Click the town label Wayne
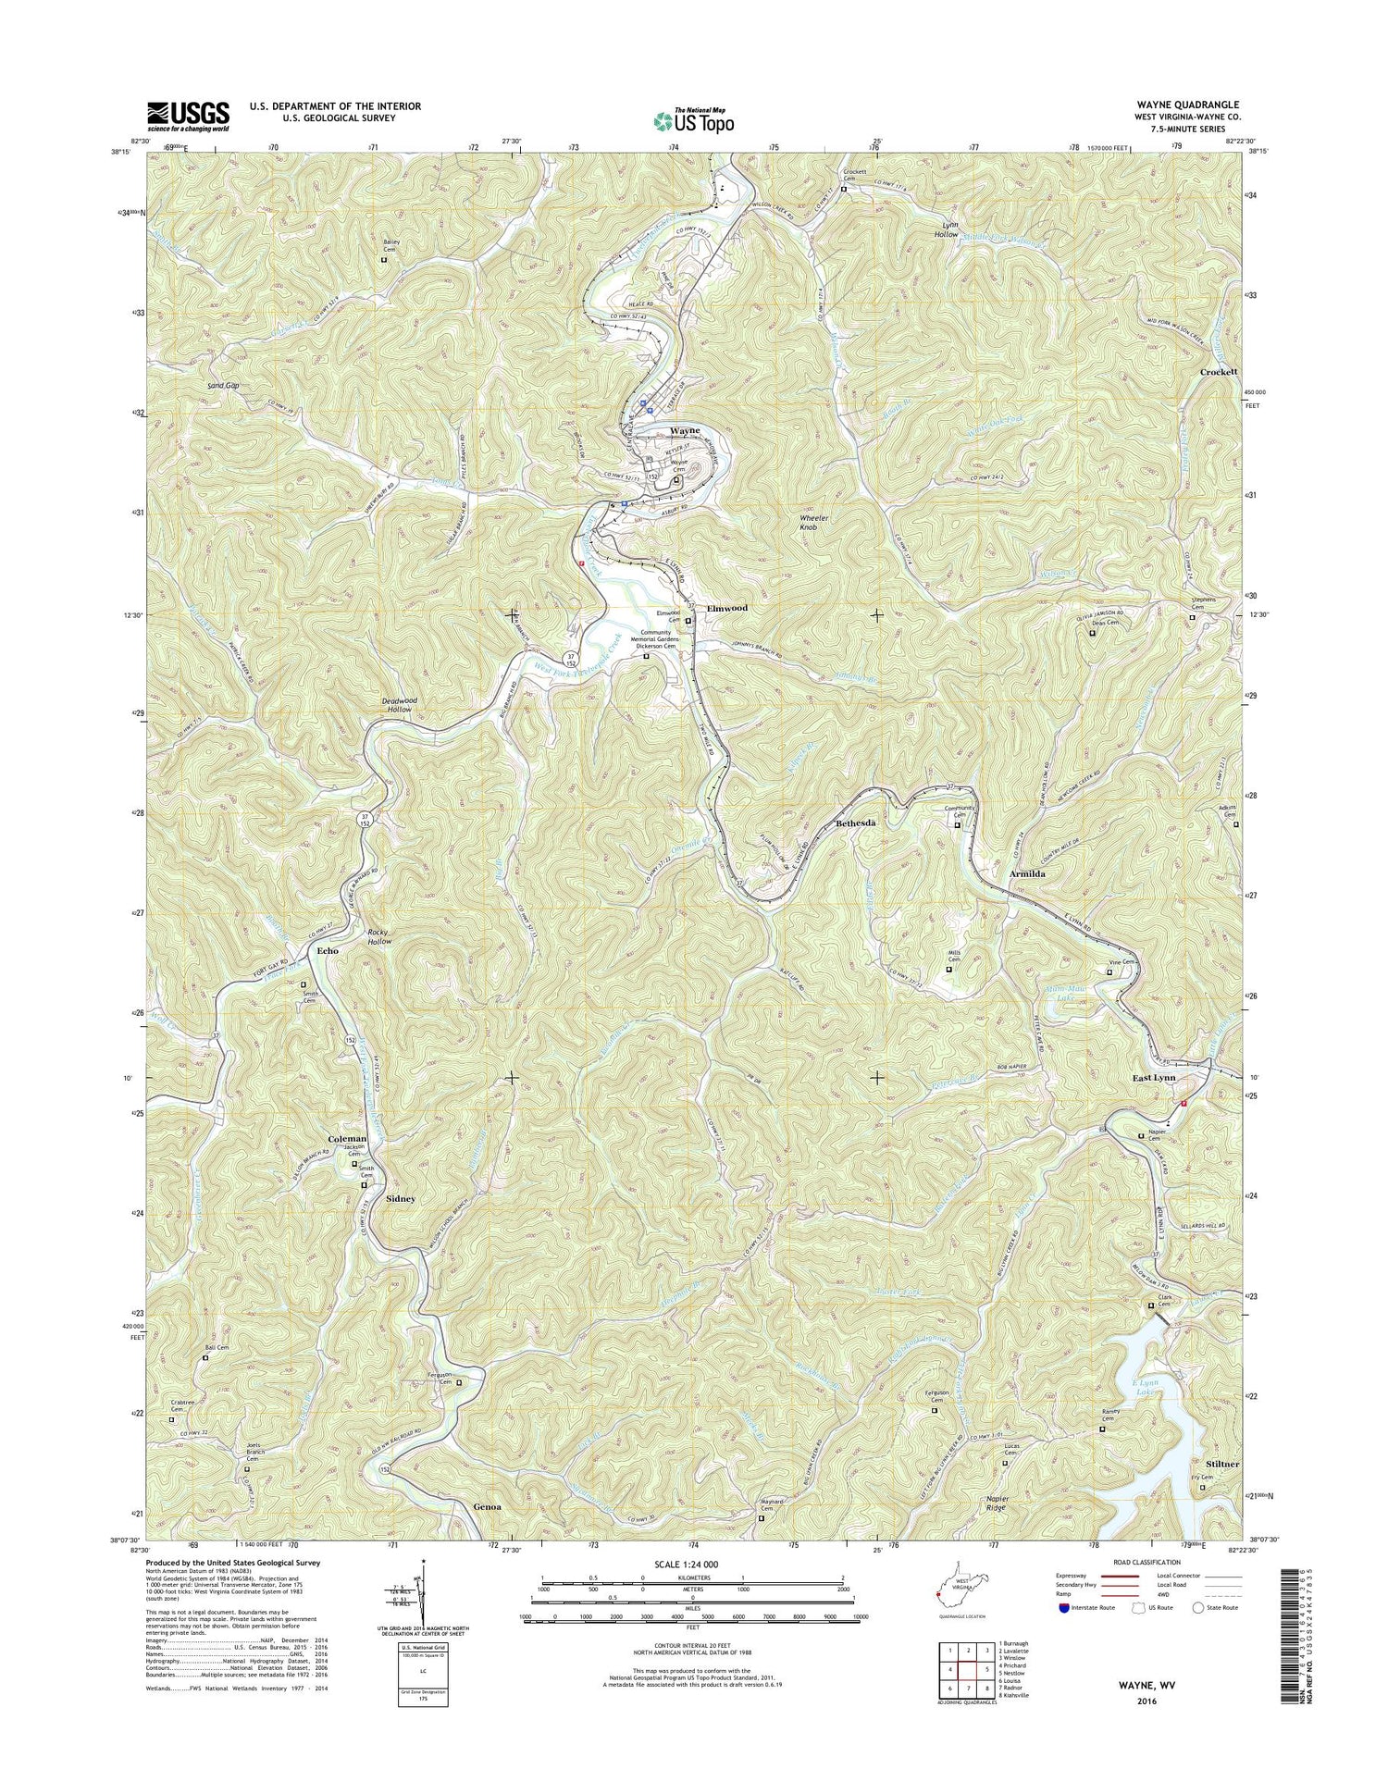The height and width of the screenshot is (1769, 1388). [x=685, y=431]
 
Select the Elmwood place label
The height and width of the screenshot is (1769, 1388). [x=726, y=609]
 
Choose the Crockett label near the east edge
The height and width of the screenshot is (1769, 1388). [x=1219, y=372]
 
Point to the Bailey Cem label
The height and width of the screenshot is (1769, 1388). [x=390, y=246]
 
